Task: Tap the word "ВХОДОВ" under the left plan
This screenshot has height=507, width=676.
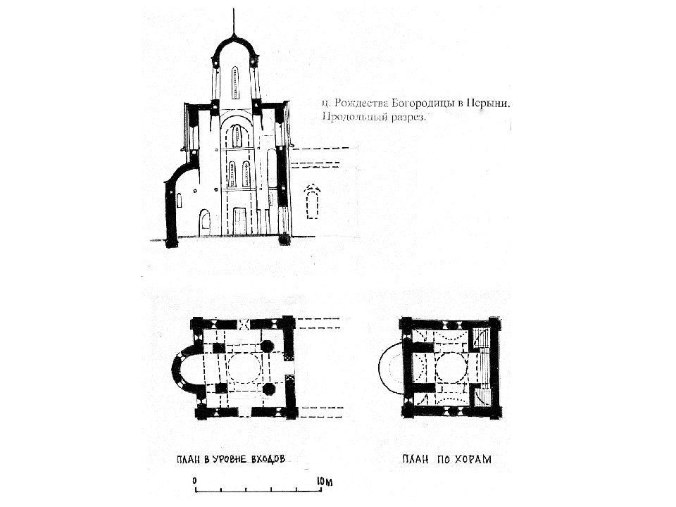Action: (268, 459)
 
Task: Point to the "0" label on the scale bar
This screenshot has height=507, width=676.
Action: (195, 481)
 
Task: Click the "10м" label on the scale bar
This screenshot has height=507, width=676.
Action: (325, 482)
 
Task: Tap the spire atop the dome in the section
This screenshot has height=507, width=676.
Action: (234, 22)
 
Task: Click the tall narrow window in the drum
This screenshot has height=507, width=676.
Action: (235, 82)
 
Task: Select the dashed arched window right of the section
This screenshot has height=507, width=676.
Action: (313, 202)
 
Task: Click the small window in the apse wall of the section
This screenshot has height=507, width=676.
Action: (179, 200)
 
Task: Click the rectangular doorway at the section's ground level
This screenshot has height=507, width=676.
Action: (239, 221)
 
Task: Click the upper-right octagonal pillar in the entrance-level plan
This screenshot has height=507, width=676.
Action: (268, 346)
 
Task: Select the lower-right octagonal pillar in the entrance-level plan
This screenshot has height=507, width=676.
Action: (268, 388)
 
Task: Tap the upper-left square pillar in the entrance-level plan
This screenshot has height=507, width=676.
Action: (218, 349)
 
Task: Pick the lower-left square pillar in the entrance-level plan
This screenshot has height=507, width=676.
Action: (220, 387)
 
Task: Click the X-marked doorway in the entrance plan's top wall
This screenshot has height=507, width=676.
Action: (245, 324)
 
